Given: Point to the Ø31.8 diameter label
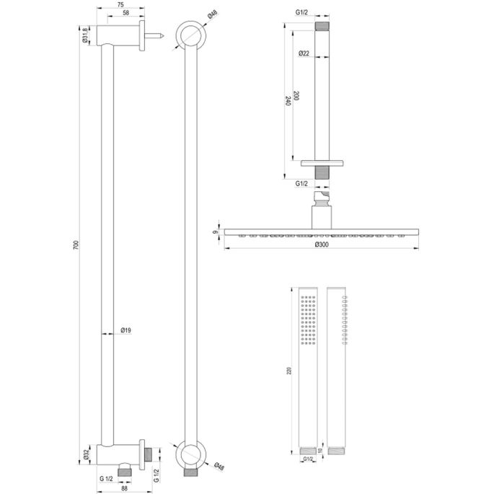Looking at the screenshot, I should click(85, 35).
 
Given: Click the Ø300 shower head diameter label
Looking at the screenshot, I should click(321, 244).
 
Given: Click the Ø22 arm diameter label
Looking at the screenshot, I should click(304, 53).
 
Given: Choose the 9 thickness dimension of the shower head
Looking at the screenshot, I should click(215, 231).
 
